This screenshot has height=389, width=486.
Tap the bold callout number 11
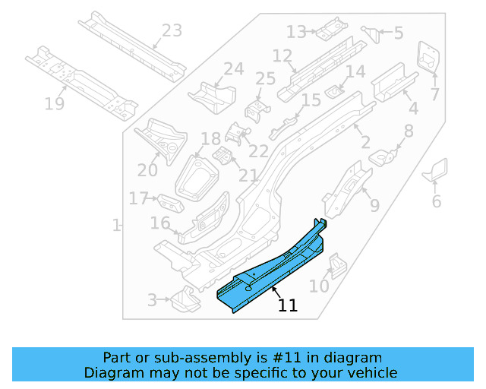[x=288, y=305]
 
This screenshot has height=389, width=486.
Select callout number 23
[x=172, y=31]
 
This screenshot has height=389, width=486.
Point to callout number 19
[x=54, y=103]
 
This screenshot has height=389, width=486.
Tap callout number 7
[x=435, y=95]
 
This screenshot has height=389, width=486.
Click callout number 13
[x=295, y=32]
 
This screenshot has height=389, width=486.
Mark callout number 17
[x=137, y=198]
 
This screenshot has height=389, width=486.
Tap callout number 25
[x=265, y=79]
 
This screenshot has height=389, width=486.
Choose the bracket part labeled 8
[x=386, y=157]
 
